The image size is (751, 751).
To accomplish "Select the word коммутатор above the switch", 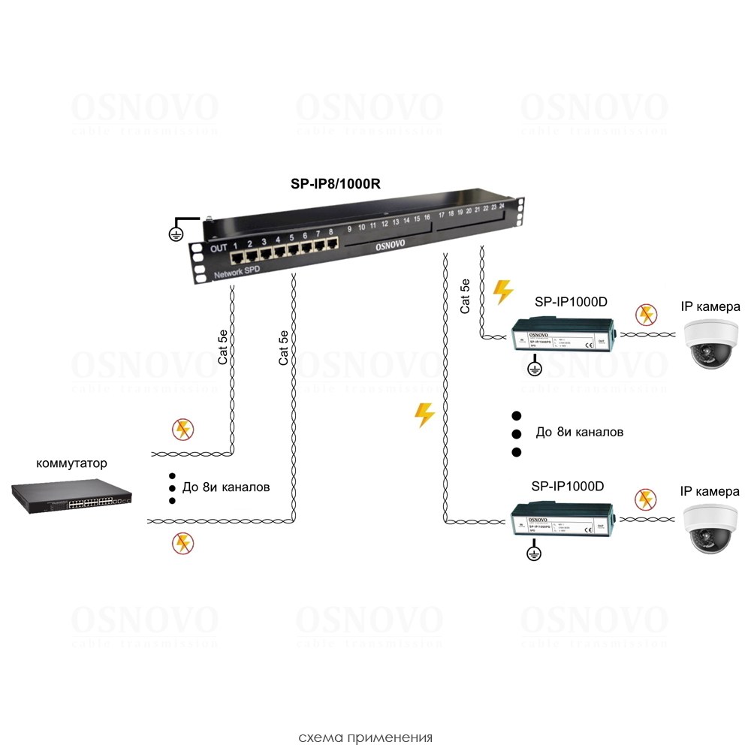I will pos(67,463).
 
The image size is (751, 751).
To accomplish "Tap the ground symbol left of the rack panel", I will pos(177,231).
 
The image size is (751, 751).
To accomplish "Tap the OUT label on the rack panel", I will pos(218,248).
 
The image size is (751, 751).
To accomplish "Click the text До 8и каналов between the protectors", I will pos(579,433).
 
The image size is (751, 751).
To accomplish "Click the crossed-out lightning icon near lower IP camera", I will pos(644,499).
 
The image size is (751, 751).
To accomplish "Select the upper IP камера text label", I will pos(710,306).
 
